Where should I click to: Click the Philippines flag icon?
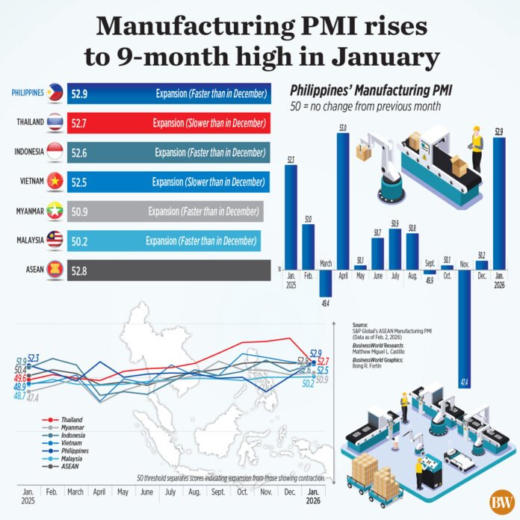[55, 93]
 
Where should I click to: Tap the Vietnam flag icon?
[55, 182]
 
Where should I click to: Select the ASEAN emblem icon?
[55, 270]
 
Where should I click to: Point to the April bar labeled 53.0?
[342, 197]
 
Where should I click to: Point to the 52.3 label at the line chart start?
[33, 359]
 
